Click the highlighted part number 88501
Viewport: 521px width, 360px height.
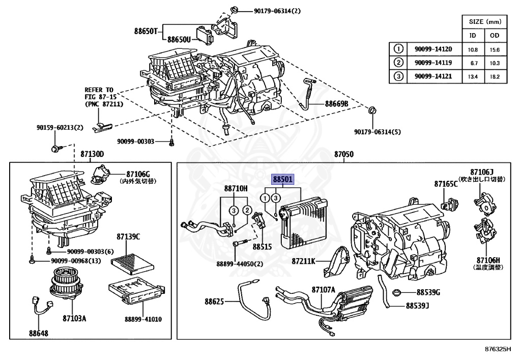pos(283,179)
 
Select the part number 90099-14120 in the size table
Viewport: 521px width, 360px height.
pos(433,49)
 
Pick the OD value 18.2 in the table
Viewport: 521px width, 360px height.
pos(495,76)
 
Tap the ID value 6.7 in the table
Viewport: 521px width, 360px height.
pos(473,63)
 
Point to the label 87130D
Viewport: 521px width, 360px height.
pos(92,154)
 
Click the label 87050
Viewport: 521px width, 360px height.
pos(344,154)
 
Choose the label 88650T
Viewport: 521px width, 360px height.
pos(148,31)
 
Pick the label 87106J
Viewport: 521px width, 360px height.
pos(482,172)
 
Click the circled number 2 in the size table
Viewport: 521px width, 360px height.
pos(398,63)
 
